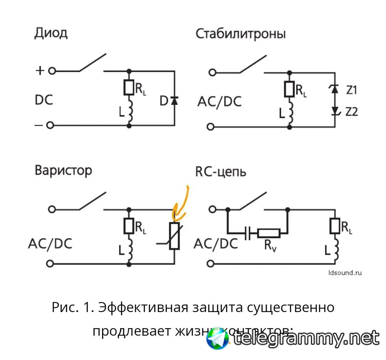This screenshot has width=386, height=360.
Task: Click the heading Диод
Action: (x=51, y=34)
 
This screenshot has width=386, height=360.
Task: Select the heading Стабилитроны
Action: (x=241, y=34)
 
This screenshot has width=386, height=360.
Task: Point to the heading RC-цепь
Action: (x=221, y=171)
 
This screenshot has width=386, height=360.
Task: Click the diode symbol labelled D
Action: (x=174, y=101)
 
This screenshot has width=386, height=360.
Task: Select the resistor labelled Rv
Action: (x=268, y=234)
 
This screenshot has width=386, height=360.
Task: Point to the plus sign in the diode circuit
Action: (x=40, y=70)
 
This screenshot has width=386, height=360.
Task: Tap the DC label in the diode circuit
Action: (x=44, y=99)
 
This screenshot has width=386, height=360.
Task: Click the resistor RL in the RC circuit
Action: (x=335, y=226)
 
